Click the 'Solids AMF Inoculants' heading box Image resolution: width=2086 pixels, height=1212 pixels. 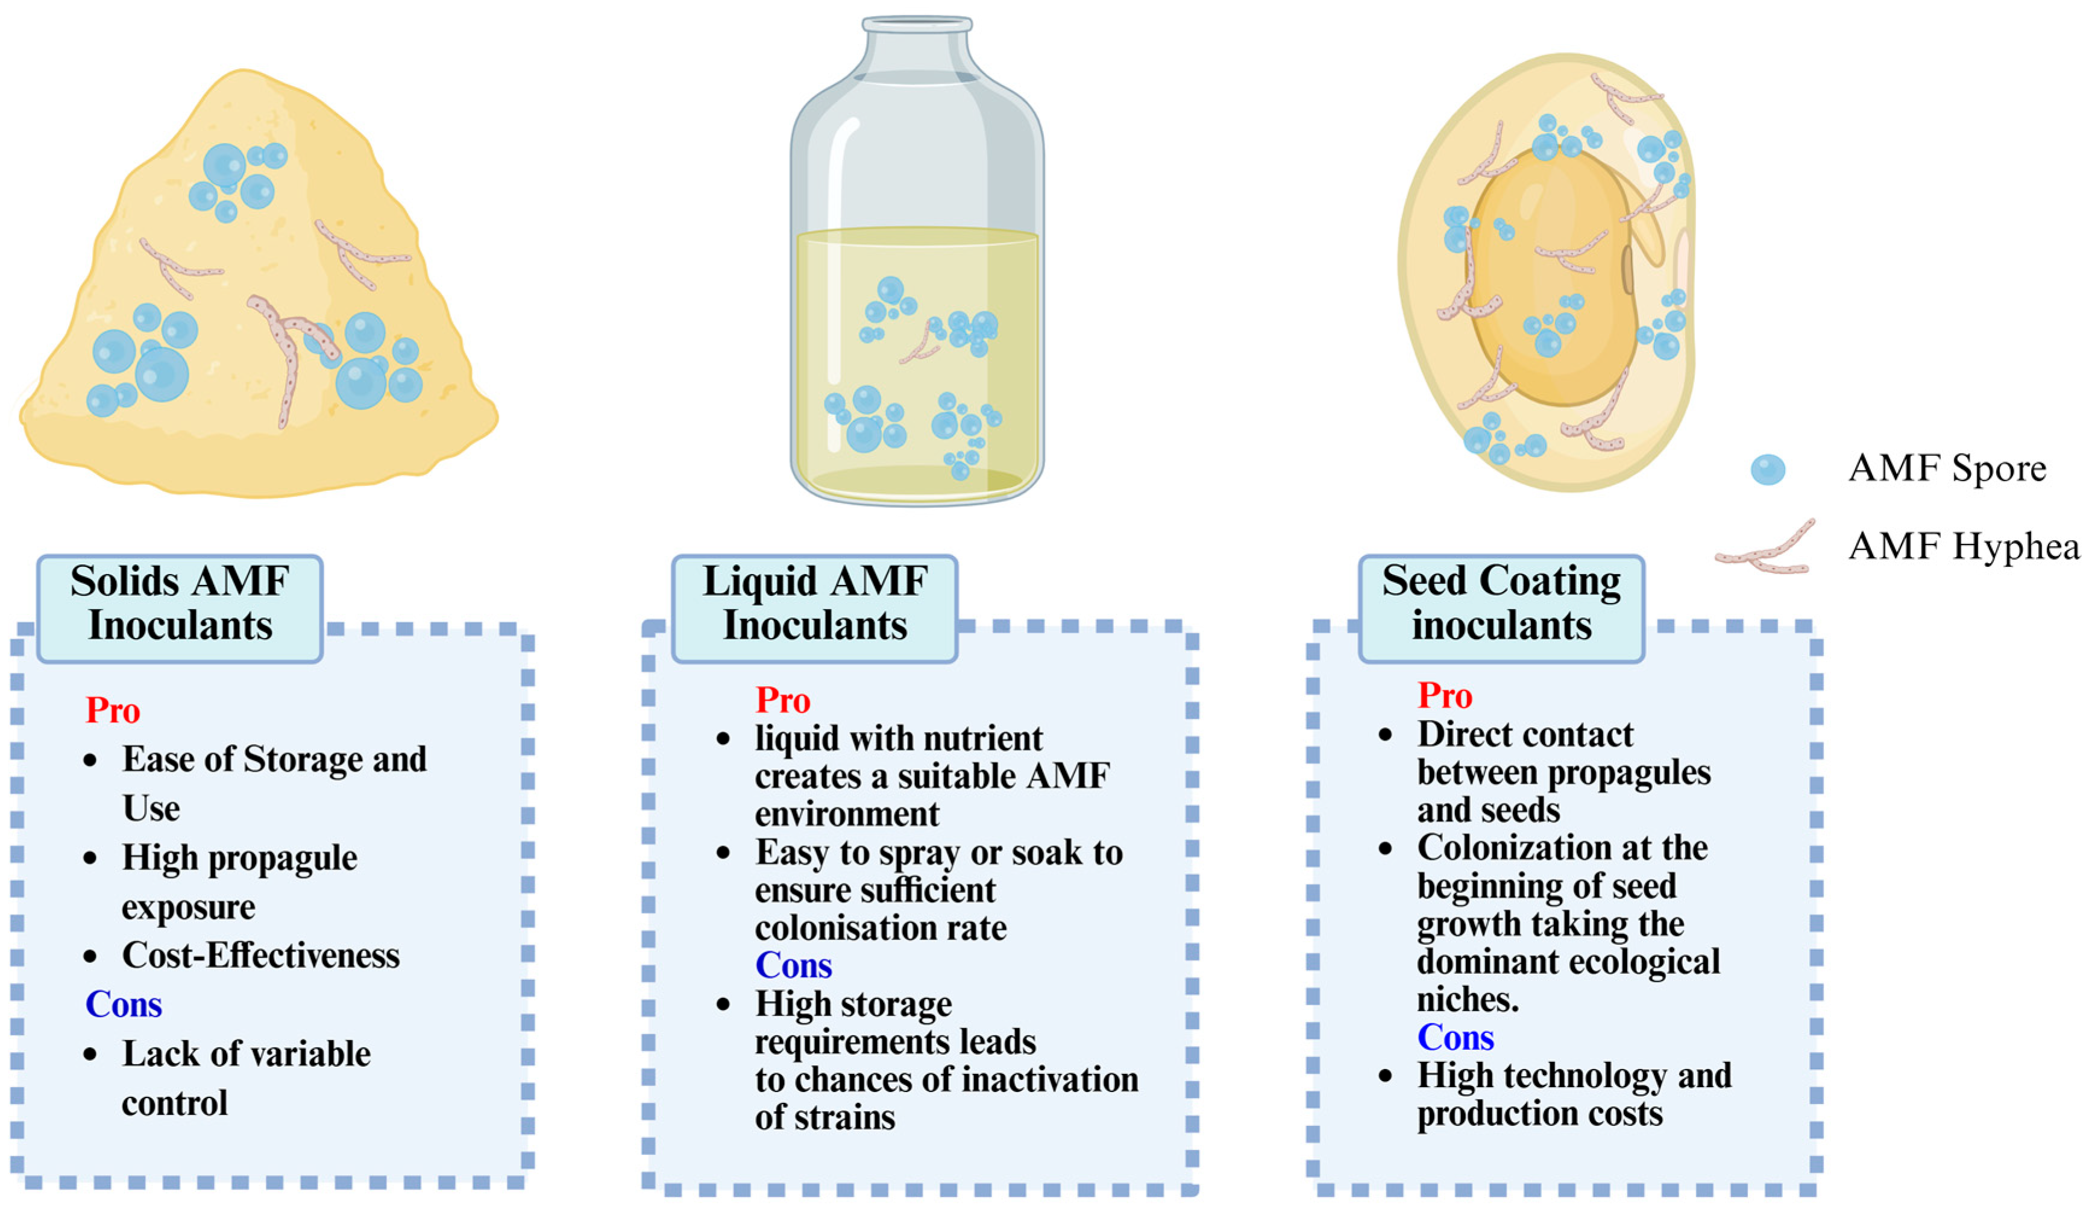point(180,609)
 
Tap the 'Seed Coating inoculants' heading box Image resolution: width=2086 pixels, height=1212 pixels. point(1501,609)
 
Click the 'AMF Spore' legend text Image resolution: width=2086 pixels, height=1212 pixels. point(1947,469)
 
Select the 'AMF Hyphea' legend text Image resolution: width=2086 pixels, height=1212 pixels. point(1964,546)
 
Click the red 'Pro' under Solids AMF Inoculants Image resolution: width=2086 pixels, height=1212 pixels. point(113,711)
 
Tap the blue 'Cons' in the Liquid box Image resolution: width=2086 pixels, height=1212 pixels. point(793,966)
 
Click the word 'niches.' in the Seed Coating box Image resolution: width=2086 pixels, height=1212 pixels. point(1468,1000)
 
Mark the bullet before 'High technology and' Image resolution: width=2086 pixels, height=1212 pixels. point(1386,1077)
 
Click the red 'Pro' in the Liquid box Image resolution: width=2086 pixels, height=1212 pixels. point(782,701)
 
